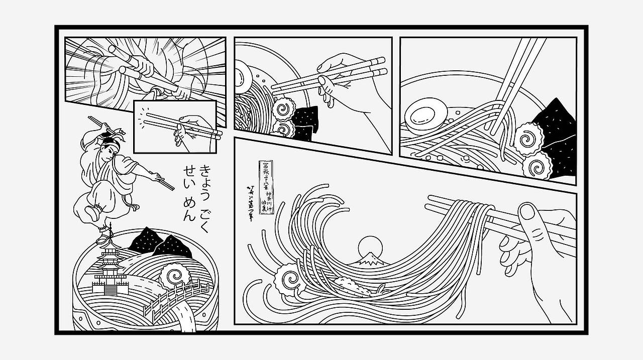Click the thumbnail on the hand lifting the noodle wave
[527, 212]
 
